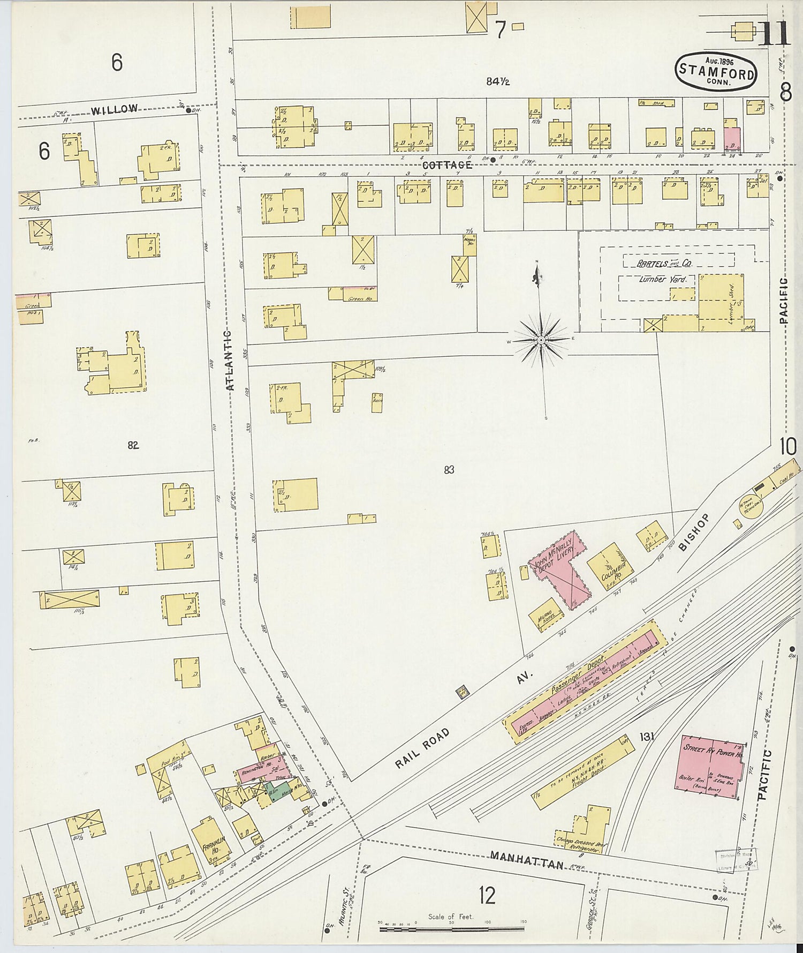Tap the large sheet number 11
(x=774, y=34)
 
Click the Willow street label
(x=114, y=109)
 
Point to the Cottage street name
(x=446, y=165)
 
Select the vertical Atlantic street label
(x=229, y=359)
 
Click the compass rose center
(x=541, y=340)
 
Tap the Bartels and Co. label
(x=664, y=264)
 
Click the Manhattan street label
(x=527, y=861)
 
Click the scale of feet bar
(x=452, y=929)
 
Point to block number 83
(x=449, y=470)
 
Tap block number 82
(x=133, y=445)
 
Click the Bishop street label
(x=694, y=532)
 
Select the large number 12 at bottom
(x=487, y=895)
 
